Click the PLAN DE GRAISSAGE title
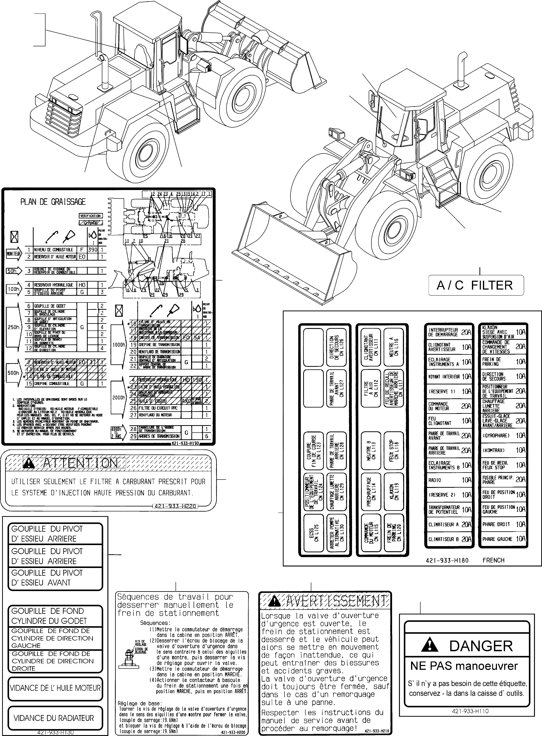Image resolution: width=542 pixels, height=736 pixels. click(53, 202)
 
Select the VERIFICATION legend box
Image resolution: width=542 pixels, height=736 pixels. click(91, 216)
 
